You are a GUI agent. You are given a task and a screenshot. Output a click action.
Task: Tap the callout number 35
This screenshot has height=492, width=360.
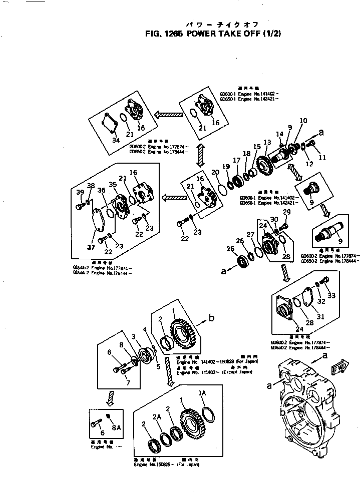pyautogui.click(x=113, y=185)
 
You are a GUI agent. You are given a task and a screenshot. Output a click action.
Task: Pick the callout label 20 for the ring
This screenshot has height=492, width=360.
pyautogui.click(x=215, y=173)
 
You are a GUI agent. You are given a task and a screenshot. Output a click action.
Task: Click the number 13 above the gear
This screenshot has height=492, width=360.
pyautogui.click(x=267, y=143)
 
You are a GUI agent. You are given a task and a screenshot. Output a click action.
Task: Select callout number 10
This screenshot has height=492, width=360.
pyautogui.click(x=303, y=121)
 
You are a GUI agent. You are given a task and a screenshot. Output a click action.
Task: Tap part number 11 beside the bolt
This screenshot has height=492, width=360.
pyautogui.click(x=322, y=157)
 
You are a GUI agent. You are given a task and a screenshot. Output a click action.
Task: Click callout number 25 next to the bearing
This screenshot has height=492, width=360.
pyautogui.click(x=230, y=249)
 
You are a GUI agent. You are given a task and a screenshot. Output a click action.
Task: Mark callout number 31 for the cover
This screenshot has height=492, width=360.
pyautogui.click(x=321, y=316)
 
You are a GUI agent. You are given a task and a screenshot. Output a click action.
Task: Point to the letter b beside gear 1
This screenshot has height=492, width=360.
pyautogui.click(x=212, y=317)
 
